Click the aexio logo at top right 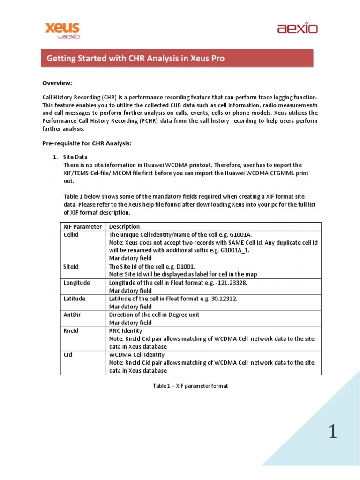(x=297, y=29)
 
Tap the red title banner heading (x=135, y=59)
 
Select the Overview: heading (x=57, y=83)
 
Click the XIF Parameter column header (x=82, y=227)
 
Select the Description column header (x=124, y=227)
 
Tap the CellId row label (x=71, y=235)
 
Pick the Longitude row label (x=76, y=283)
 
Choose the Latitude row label (x=75, y=299)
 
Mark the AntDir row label (x=72, y=315)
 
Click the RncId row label (x=71, y=330)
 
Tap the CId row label (x=68, y=355)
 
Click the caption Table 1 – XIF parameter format (x=191, y=386)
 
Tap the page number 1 (x=332, y=432)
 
